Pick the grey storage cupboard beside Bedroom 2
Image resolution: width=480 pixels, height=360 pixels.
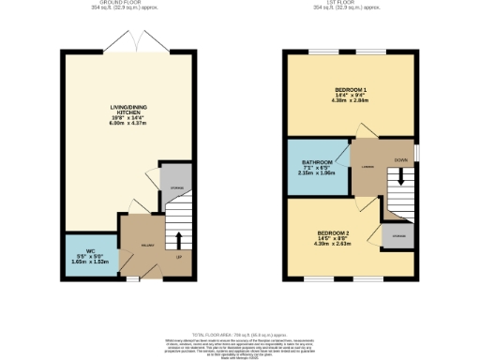[398, 236]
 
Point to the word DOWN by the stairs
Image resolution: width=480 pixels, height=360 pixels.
[400, 160]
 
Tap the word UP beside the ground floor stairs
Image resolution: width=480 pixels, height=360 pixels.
[178, 257]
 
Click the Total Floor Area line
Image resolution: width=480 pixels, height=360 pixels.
[239, 335]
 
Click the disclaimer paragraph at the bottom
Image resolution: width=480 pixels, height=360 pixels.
[239, 348]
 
